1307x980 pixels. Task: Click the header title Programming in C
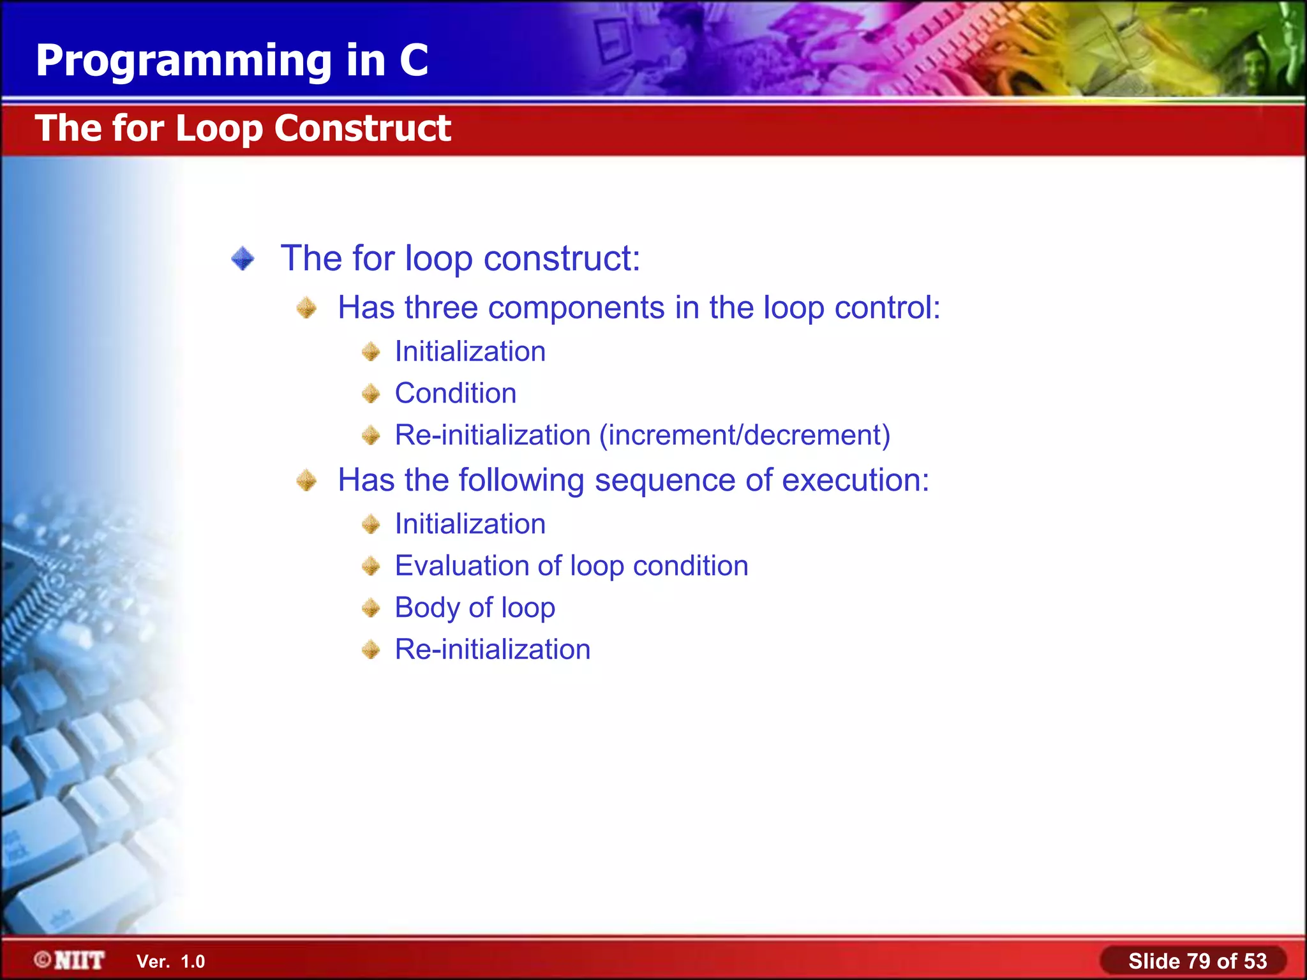pyautogui.click(x=232, y=61)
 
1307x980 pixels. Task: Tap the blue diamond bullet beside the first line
pyautogui.click(x=243, y=259)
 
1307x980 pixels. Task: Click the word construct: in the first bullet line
pyautogui.click(x=562, y=259)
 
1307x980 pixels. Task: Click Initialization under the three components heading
pyautogui.click(x=470, y=352)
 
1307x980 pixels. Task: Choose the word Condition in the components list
pyautogui.click(x=455, y=393)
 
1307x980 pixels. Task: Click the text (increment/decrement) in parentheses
pyautogui.click(x=744, y=435)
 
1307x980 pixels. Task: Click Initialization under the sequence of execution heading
pyautogui.click(x=470, y=524)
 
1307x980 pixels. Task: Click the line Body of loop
pyautogui.click(x=475, y=607)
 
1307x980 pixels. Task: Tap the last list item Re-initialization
pyautogui.click(x=492, y=650)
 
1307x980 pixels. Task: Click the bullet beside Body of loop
pyautogui.click(x=371, y=608)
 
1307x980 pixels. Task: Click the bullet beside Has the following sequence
pyautogui.click(x=306, y=480)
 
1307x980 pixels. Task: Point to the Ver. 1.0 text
pyautogui.click(x=170, y=961)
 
